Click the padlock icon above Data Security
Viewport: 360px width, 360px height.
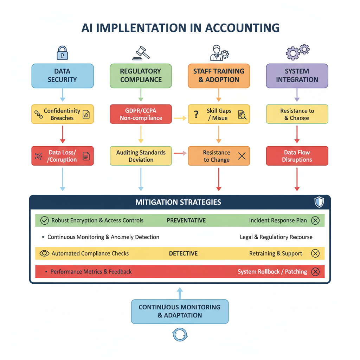(x=62, y=52)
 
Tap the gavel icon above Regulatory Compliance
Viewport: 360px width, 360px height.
(x=141, y=53)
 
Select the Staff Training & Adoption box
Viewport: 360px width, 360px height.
(x=219, y=76)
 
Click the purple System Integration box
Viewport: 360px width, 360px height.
(x=297, y=76)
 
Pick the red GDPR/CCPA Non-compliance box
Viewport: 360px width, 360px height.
(x=141, y=114)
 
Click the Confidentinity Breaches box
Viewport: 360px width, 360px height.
(x=62, y=114)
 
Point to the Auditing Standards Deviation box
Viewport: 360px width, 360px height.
(x=141, y=156)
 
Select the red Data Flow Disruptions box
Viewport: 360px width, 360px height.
(x=297, y=156)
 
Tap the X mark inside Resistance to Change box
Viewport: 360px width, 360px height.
(x=242, y=156)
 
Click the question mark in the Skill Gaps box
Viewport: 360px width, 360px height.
(x=197, y=114)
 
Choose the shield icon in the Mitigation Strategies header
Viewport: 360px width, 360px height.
(x=319, y=202)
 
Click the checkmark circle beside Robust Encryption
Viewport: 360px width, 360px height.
(x=44, y=220)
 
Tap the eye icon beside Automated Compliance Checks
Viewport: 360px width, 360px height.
(x=44, y=253)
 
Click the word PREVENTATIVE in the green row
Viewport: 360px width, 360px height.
(x=186, y=220)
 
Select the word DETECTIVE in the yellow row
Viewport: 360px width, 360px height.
(x=183, y=253)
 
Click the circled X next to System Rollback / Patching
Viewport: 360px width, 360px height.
(x=315, y=272)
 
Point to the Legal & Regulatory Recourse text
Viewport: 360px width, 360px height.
(x=276, y=237)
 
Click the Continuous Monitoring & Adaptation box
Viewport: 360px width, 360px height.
(x=180, y=311)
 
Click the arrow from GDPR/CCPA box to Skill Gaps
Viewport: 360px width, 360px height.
(x=180, y=118)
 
